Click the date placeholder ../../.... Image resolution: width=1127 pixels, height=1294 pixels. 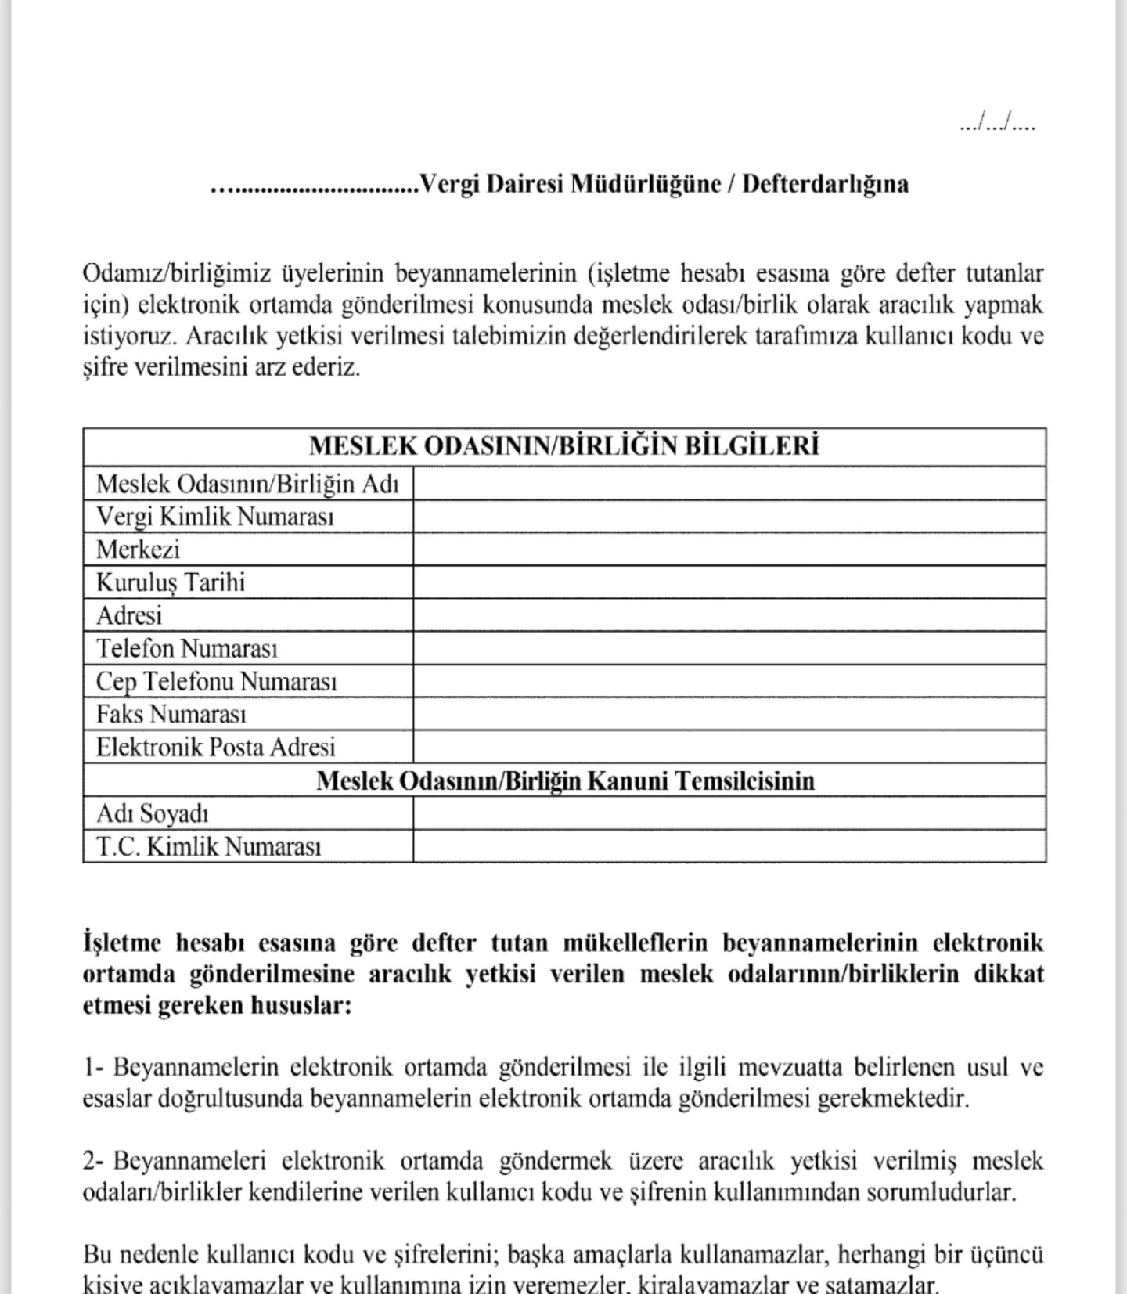click(x=997, y=124)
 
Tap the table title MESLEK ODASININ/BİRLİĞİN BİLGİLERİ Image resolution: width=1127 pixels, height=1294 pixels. click(x=563, y=445)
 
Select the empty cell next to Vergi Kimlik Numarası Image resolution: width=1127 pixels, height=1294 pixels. click(x=729, y=517)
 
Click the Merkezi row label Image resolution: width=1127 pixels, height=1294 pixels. click(x=138, y=550)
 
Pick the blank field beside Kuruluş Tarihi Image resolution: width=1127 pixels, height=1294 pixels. click(x=729, y=582)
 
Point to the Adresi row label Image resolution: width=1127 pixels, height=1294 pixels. click(x=129, y=615)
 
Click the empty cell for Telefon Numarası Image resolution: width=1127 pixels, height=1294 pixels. click(x=729, y=648)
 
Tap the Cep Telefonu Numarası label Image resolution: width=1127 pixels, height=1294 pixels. click(x=216, y=681)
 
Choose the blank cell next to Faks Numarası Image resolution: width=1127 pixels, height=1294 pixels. click(x=729, y=714)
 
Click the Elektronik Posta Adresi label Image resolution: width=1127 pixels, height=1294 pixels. click(x=215, y=747)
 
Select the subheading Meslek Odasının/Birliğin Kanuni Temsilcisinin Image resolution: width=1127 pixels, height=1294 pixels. click(x=565, y=780)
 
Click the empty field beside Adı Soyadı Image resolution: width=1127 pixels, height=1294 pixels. click(x=729, y=813)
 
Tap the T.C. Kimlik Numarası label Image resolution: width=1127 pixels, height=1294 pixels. click(x=208, y=846)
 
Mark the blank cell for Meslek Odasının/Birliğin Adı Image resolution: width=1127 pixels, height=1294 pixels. click(x=729, y=484)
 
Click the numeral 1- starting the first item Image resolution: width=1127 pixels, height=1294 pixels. click(x=94, y=1067)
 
